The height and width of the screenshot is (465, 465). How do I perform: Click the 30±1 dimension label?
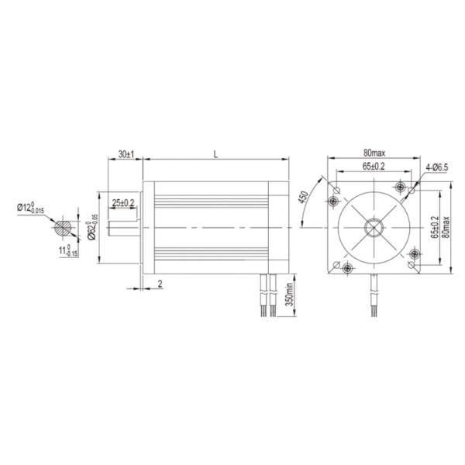point(126,155)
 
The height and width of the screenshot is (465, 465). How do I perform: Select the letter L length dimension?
point(215,155)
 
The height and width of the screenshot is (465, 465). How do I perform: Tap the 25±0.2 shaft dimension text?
point(122,202)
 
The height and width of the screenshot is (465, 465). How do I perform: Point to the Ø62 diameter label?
point(91,226)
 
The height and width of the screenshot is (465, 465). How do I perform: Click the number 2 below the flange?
point(160,284)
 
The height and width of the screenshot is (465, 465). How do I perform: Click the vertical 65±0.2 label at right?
point(435,230)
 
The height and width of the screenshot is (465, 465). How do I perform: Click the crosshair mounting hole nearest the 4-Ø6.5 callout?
point(400,187)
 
